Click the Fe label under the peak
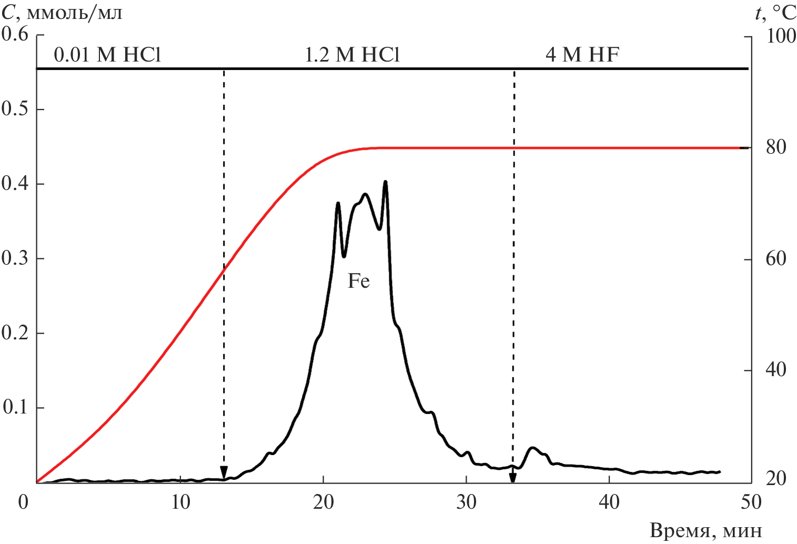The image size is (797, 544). coord(358,281)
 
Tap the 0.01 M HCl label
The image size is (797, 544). coord(107,55)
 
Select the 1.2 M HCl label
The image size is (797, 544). coord(352,55)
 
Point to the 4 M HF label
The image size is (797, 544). coord(582,55)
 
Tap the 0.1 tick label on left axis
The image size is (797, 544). coord(16,408)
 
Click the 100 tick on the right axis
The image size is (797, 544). coord(781,37)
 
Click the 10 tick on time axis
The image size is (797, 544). coord(180,502)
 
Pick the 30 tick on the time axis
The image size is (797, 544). coord(466,502)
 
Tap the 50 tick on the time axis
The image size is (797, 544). coord(751,502)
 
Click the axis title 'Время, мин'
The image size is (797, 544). coord(705,530)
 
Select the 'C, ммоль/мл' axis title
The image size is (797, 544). coord(62,13)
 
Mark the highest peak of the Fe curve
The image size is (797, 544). coord(386,182)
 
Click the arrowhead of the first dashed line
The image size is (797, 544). coord(224,472)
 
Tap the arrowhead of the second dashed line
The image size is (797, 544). coord(512,478)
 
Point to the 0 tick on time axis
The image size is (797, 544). coord(23,502)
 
